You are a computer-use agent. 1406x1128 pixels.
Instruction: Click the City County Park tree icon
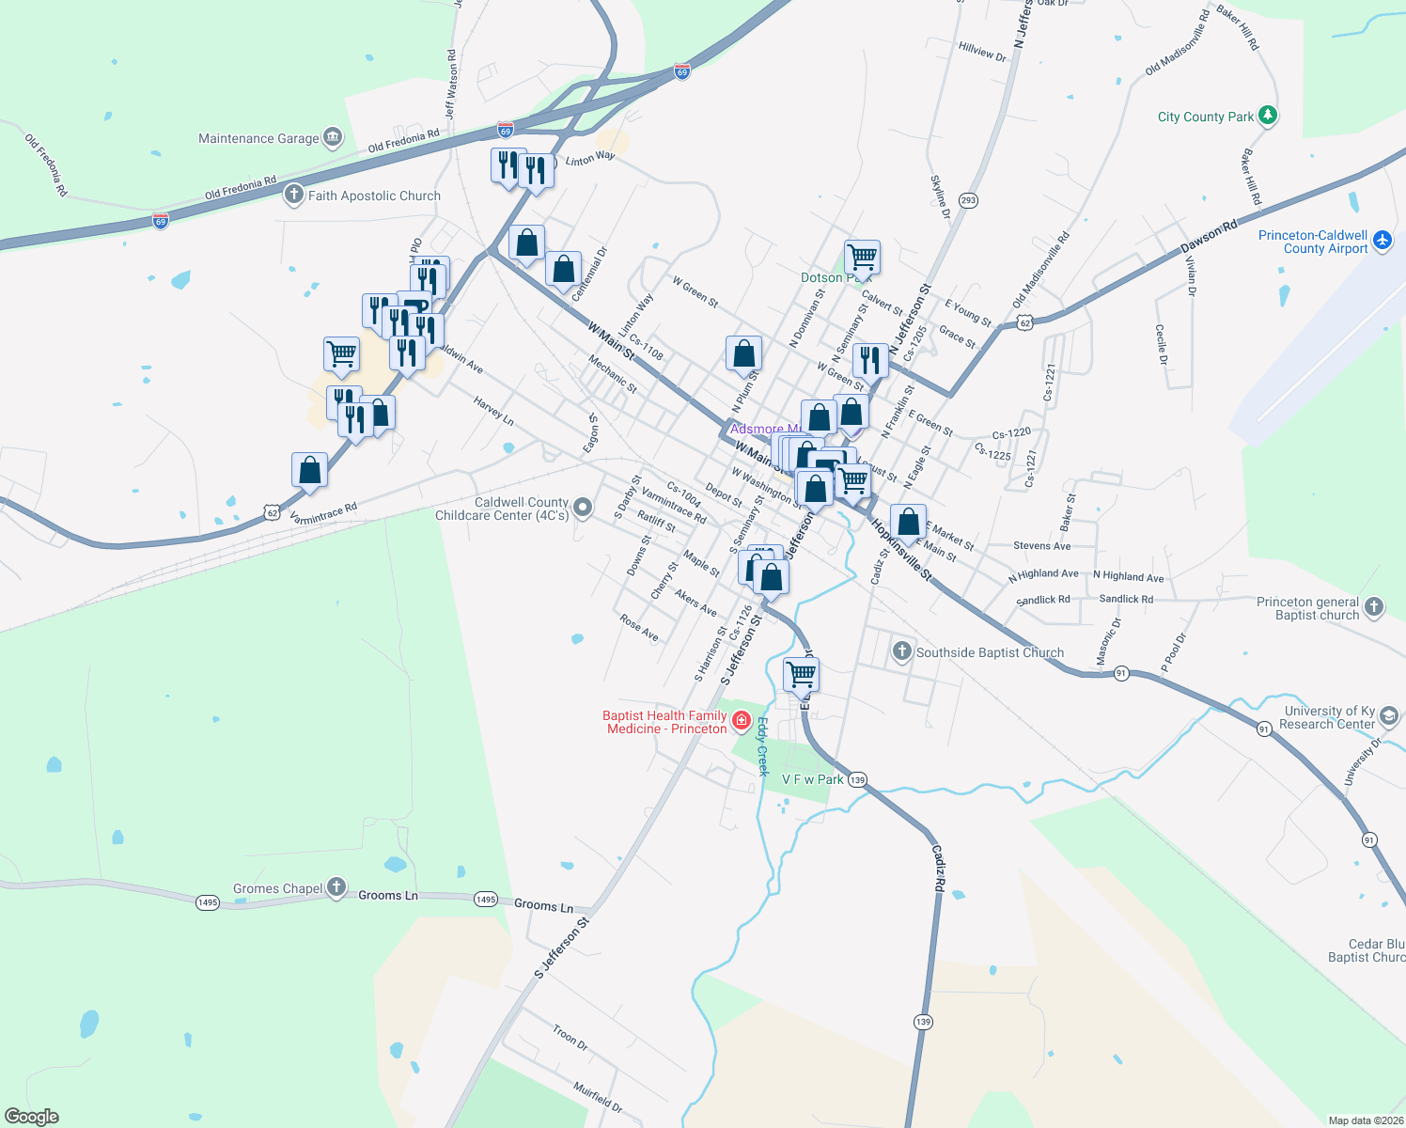tap(1268, 116)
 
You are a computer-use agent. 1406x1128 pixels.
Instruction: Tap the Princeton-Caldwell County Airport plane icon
tap(1382, 241)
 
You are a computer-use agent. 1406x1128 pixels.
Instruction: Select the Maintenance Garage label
tap(258, 138)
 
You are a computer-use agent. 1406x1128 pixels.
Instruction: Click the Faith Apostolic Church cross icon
tap(294, 195)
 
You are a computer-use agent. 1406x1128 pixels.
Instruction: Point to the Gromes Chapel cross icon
tap(336, 887)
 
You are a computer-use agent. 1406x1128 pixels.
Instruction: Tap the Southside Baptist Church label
tap(990, 652)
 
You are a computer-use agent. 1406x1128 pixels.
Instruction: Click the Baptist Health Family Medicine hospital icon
tap(741, 721)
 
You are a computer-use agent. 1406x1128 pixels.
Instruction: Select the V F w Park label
tap(813, 779)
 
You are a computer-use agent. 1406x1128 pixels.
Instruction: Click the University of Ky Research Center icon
tap(1388, 717)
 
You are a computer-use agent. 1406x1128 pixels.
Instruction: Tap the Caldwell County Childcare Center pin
tap(583, 509)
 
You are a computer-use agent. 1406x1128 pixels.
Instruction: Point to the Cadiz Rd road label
tap(938, 867)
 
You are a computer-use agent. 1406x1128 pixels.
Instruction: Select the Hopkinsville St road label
tap(900, 549)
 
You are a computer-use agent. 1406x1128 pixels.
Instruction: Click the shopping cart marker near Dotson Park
tap(862, 256)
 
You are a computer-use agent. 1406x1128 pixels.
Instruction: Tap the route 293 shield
tap(968, 200)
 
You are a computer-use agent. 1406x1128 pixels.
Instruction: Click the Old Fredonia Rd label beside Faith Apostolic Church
tap(241, 187)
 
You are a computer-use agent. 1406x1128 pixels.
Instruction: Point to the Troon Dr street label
tap(570, 1038)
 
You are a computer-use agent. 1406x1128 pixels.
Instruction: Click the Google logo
tap(32, 1117)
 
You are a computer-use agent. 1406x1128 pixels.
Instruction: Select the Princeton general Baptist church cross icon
tap(1374, 607)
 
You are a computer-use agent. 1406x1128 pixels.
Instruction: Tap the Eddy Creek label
tap(762, 746)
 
